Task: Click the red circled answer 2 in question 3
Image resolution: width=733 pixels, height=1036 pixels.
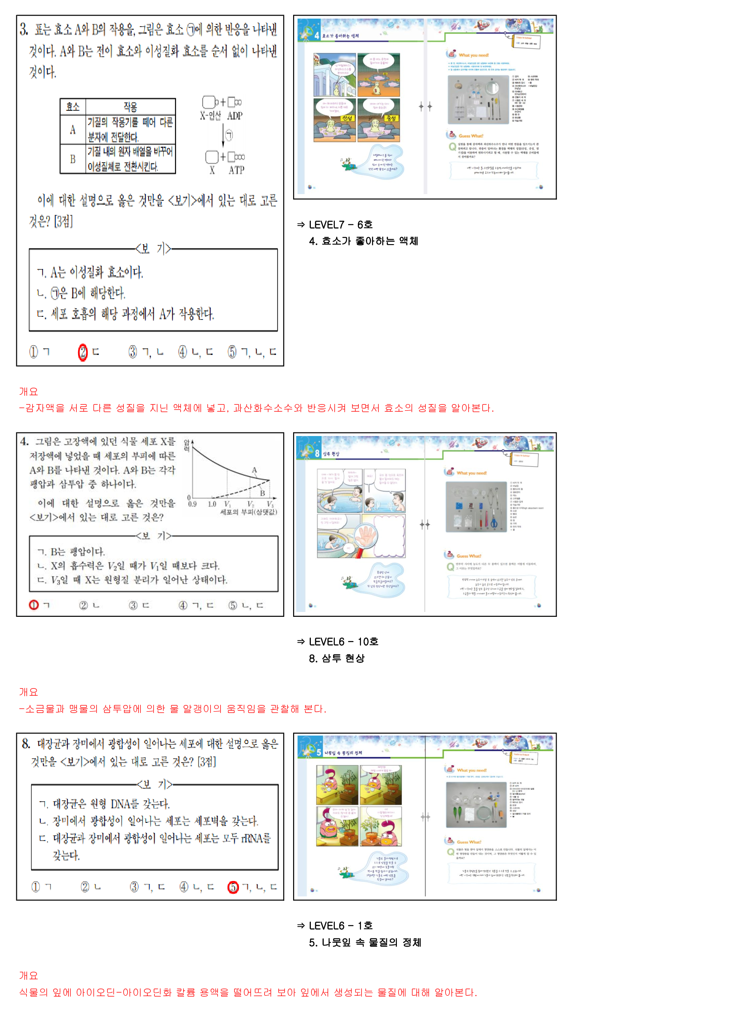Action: pos(82,352)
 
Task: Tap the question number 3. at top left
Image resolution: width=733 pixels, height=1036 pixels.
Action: pos(24,30)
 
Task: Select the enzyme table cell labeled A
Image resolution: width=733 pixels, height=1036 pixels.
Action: pos(73,130)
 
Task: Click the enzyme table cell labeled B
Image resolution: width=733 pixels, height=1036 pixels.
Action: pos(73,159)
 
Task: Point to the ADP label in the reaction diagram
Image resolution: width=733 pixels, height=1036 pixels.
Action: pos(235,116)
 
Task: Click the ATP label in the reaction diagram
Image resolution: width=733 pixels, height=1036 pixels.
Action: pos(236,170)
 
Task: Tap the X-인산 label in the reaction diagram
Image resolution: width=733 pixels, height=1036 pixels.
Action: pos(210,116)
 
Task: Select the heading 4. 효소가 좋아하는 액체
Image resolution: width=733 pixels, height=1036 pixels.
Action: pos(363,241)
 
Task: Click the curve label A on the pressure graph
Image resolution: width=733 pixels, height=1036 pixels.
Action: pos(254,470)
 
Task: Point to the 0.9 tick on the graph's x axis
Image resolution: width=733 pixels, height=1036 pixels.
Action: pos(192,504)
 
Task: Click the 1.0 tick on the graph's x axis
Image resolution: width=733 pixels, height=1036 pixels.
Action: pos(212,504)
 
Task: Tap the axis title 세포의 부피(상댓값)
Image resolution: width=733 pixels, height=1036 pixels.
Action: pos(248,512)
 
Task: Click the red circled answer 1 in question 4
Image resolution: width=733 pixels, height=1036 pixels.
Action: pos(34,605)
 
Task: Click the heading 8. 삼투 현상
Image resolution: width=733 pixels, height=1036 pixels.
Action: pos(337,658)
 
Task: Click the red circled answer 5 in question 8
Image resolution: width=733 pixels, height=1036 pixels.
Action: pos(233,887)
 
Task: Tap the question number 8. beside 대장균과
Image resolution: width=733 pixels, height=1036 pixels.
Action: pos(26,744)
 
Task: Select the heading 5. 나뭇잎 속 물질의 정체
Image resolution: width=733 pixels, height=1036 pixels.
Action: pos(365,942)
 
